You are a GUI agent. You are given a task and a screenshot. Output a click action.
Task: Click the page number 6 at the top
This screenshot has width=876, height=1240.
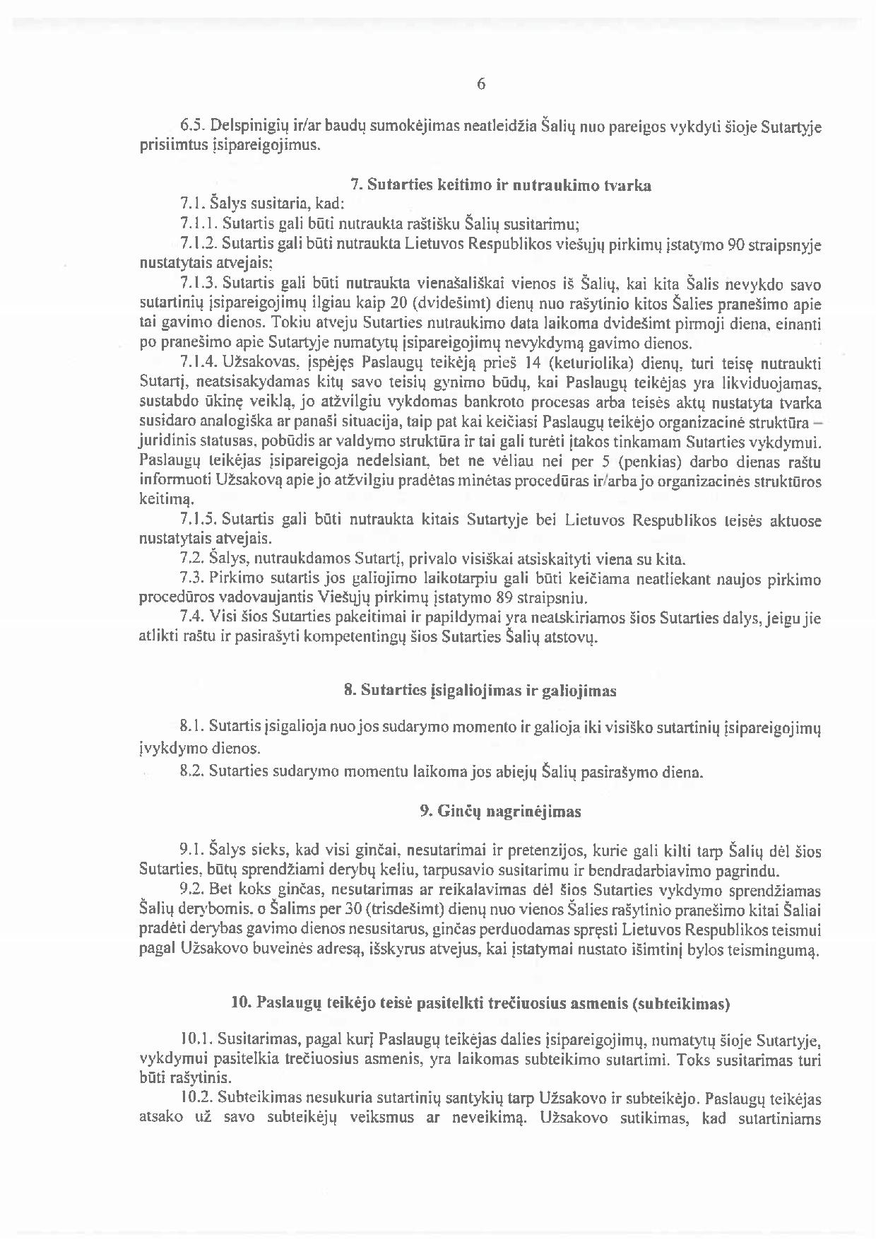(x=481, y=84)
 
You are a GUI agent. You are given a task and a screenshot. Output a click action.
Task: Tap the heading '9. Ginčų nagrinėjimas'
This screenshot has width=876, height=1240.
(x=500, y=812)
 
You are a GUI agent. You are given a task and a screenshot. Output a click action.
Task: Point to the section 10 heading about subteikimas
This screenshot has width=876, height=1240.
(x=480, y=1003)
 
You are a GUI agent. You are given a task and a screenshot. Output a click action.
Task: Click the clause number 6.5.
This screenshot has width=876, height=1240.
(x=193, y=128)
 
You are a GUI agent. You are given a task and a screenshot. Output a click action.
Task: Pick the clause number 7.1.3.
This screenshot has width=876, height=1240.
(x=198, y=286)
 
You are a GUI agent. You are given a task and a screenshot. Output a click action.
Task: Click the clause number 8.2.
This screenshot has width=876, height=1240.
(x=192, y=772)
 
